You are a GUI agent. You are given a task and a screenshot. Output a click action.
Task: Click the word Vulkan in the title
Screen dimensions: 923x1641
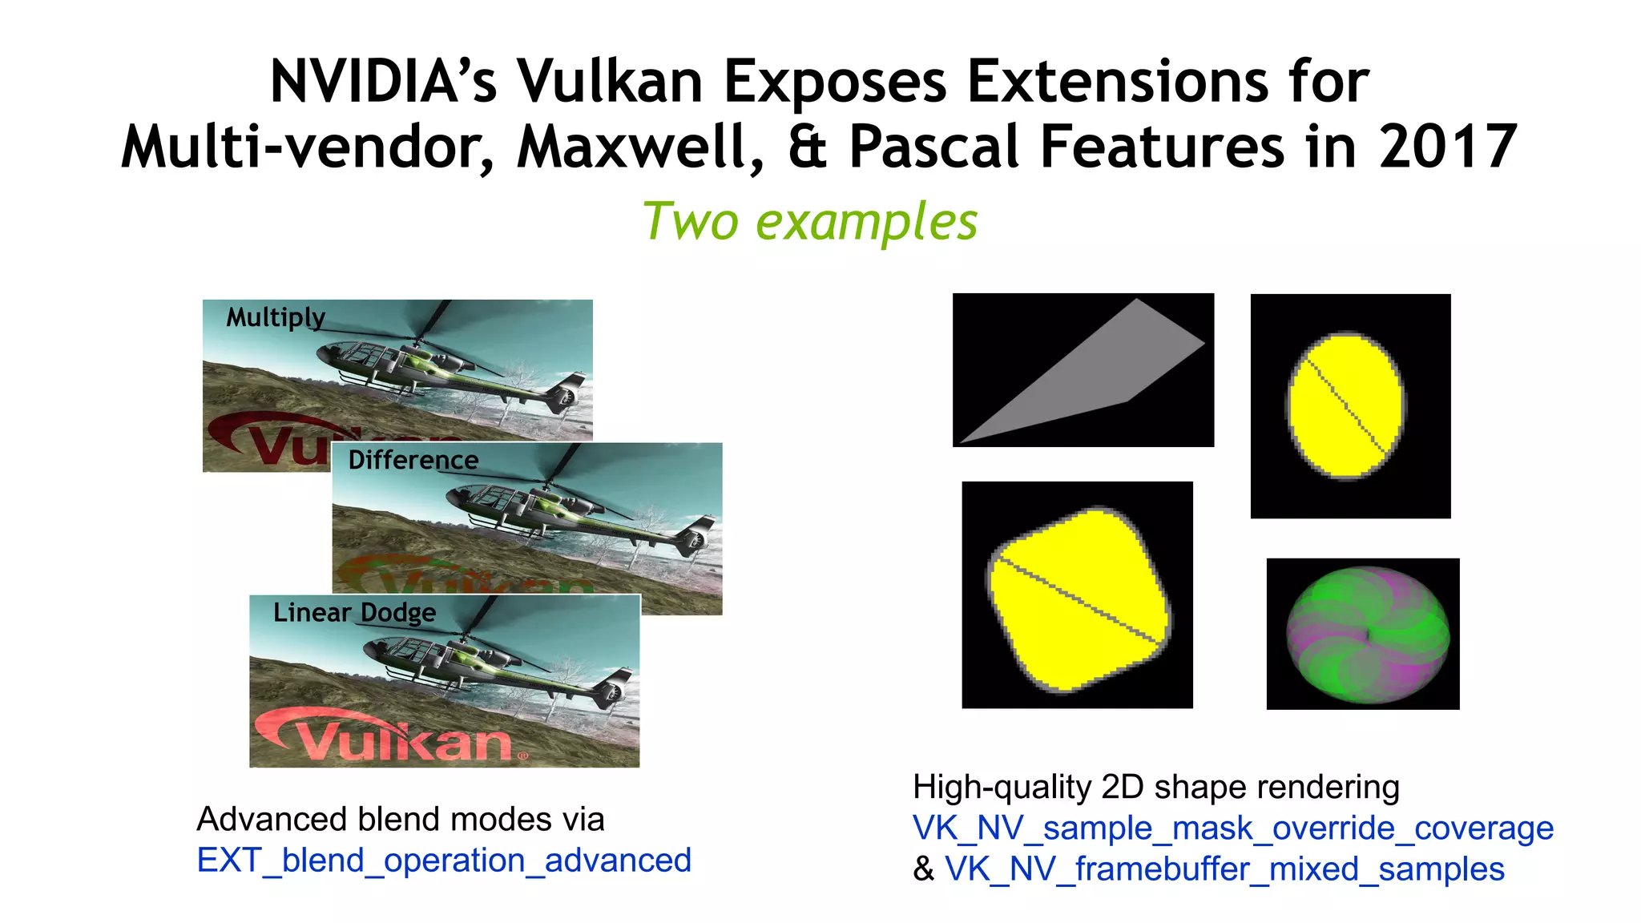(609, 82)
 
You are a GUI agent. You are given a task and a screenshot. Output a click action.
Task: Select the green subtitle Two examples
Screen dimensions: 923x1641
(810, 221)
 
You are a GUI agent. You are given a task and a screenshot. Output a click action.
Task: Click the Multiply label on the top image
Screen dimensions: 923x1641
(276, 317)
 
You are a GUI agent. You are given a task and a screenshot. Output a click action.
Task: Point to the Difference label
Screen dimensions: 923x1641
(413, 460)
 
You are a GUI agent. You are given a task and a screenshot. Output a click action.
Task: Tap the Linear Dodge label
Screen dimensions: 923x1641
(354, 612)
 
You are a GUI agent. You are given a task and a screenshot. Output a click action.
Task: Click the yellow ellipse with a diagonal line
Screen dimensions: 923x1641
(1346, 405)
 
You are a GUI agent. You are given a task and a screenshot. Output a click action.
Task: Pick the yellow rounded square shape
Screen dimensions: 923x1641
(1078, 599)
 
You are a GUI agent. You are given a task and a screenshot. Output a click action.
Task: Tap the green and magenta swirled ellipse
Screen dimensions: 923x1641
(1367, 635)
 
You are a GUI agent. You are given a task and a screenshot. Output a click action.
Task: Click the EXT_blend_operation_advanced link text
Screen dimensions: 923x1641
(444, 861)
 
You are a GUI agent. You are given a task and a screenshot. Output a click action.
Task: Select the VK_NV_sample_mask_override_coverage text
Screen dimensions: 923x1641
(1232, 828)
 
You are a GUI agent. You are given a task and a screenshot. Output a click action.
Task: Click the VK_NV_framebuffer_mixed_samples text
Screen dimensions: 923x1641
(1224, 869)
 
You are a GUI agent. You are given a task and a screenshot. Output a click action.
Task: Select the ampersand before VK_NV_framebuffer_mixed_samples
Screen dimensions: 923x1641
(924, 869)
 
